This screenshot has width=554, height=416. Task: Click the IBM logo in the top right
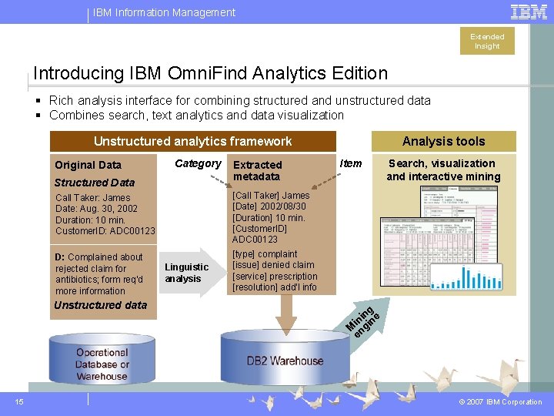(x=529, y=12)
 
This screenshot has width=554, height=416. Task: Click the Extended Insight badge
(x=487, y=41)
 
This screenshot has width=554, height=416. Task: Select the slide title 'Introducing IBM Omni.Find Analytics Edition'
(x=210, y=73)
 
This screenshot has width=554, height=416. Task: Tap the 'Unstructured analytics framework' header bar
(x=192, y=141)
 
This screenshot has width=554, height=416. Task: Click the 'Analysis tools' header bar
(x=443, y=141)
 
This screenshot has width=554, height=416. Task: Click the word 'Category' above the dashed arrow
(x=198, y=163)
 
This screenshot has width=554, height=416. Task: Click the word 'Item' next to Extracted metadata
(x=351, y=163)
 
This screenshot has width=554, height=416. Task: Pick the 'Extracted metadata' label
(x=258, y=170)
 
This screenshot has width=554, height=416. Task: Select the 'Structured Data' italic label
(x=94, y=183)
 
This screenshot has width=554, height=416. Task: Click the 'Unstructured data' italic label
(x=100, y=305)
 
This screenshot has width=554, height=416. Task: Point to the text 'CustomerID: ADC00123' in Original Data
(x=105, y=231)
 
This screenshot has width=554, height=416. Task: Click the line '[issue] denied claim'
(x=273, y=265)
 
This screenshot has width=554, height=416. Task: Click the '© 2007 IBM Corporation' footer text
(x=500, y=402)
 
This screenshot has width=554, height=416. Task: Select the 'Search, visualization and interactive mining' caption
(x=442, y=169)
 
